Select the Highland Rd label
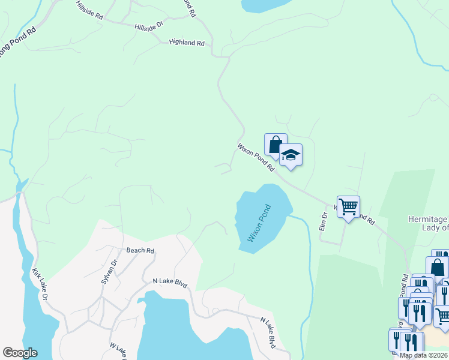coord(187,43)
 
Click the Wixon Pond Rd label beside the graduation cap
coord(255,156)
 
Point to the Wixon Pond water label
coord(259,223)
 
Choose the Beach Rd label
coord(140,251)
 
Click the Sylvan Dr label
coord(108,272)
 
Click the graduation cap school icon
coord(291,155)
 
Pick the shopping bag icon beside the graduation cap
coord(275,145)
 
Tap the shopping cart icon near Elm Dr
coord(348,207)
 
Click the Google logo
coord(20,353)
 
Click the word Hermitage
coord(427,220)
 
